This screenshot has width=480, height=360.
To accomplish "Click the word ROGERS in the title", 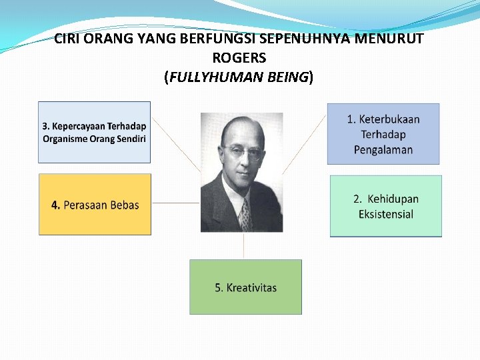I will click(x=239, y=58).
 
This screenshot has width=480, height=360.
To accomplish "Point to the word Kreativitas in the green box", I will click(x=251, y=288).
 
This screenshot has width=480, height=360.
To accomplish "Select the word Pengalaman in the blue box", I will click(x=383, y=149).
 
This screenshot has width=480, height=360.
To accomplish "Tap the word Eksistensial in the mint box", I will click(x=386, y=214).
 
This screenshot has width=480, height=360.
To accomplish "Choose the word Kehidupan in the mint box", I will click(x=393, y=199).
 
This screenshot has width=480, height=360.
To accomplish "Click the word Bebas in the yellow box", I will click(x=121, y=205).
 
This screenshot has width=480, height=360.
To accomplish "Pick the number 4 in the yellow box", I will click(x=55, y=205).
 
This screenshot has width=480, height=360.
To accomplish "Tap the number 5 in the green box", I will click(x=218, y=288).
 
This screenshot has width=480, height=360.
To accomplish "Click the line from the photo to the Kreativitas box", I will click(x=244, y=245).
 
